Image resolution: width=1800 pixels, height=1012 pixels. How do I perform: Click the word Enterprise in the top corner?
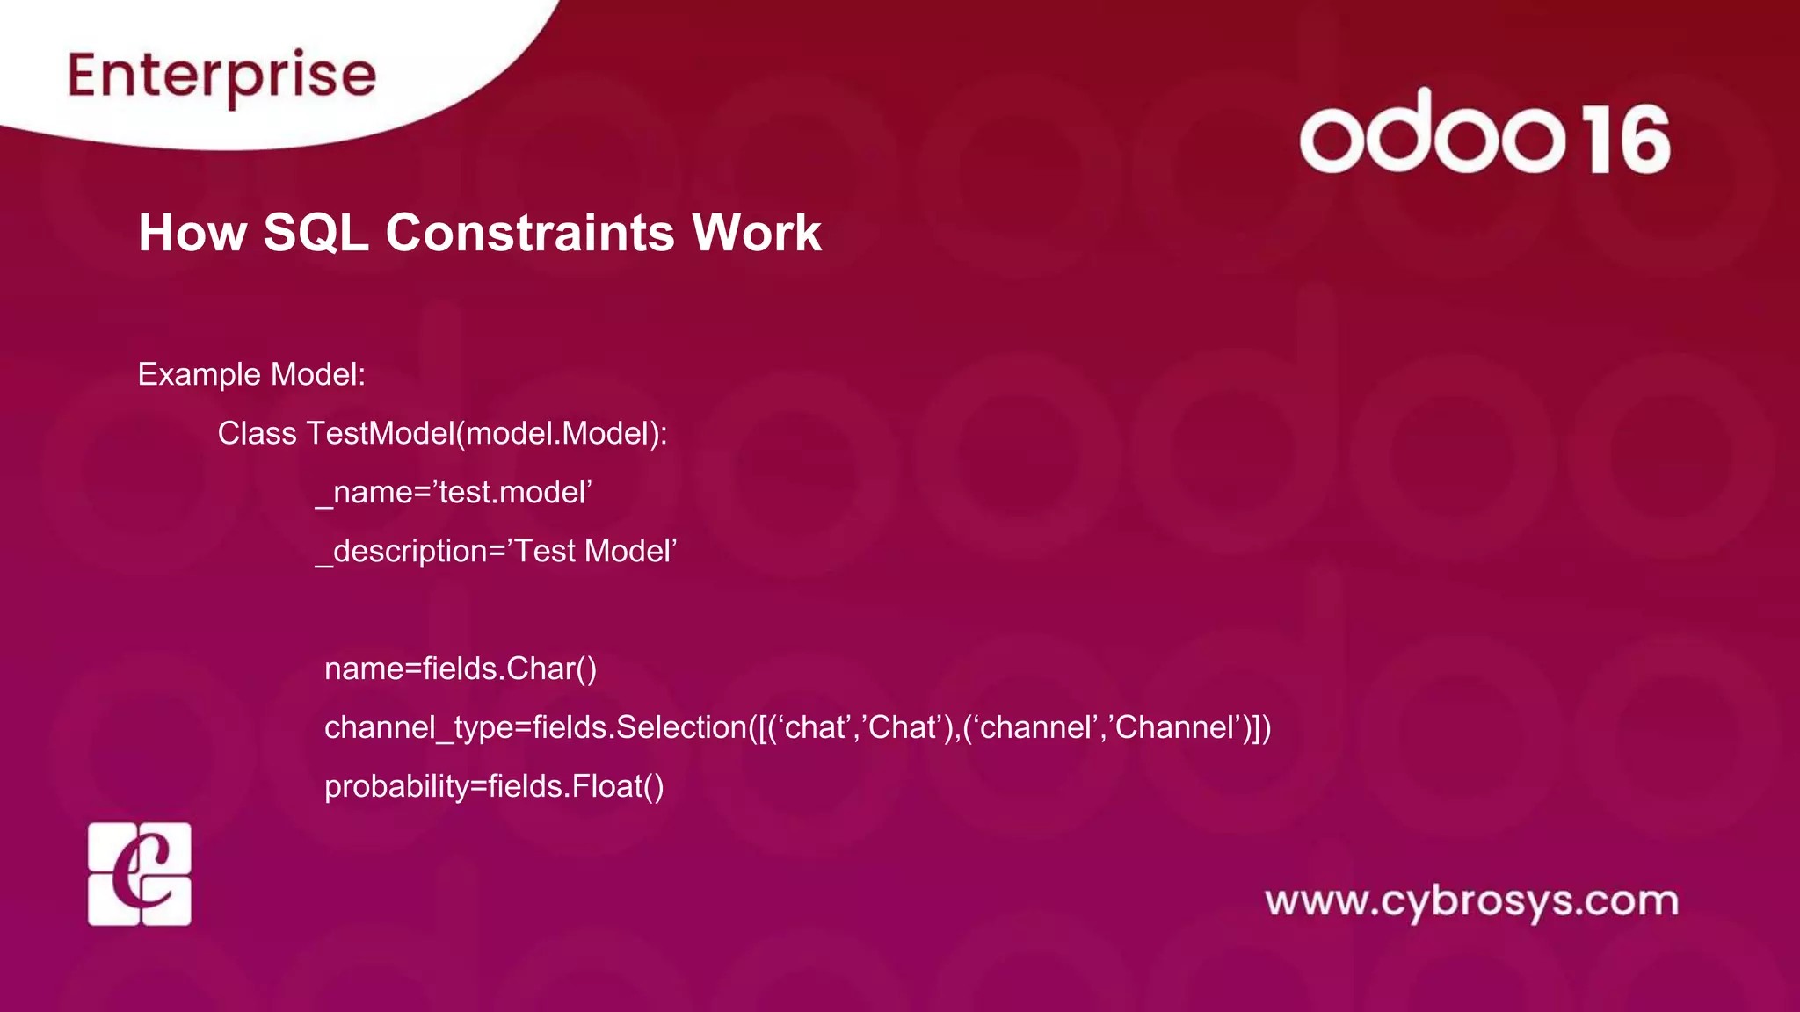click(222, 76)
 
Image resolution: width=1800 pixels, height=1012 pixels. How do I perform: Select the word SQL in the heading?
click(316, 233)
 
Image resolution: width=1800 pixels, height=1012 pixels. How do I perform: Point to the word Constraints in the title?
click(529, 233)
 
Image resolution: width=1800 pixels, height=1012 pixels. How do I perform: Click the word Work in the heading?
click(757, 233)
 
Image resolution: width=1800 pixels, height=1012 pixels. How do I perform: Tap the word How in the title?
click(192, 233)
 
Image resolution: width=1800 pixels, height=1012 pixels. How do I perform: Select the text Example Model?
click(251, 374)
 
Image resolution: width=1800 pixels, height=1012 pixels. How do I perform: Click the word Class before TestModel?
click(257, 433)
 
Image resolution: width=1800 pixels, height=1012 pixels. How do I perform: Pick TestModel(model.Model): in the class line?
click(487, 433)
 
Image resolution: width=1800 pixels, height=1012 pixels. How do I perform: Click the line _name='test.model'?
click(454, 492)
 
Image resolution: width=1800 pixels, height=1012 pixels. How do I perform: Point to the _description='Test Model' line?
click(496, 551)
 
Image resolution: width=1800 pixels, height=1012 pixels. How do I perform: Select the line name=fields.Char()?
click(461, 669)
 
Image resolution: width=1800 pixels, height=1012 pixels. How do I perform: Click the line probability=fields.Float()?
click(494, 786)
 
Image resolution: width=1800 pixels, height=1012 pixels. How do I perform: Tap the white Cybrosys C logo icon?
click(140, 874)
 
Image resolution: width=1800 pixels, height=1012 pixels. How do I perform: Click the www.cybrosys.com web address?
click(1471, 901)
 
